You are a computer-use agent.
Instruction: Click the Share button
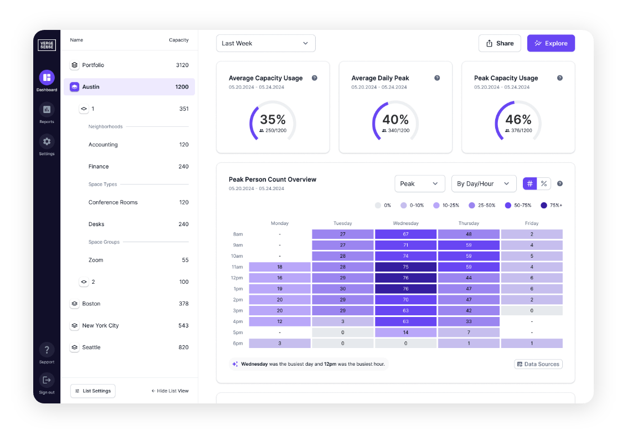coord(500,43)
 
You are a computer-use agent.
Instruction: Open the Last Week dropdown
coord(265,43)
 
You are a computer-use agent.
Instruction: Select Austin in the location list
coord(129,87)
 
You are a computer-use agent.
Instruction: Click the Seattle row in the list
coord(129,347)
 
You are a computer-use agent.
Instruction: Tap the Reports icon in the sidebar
coord(47,110)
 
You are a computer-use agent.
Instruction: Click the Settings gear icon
coord(47,142)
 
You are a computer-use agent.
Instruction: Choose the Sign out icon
coord(47,380)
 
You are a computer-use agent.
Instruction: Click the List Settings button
coord(93,391)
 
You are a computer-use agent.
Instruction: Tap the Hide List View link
coord(170,391)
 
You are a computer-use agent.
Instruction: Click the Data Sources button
coord(538,364)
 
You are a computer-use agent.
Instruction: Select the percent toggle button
coord(544,183)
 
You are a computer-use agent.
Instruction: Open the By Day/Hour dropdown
coord(484,183)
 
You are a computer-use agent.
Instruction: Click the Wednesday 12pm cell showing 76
coord(405,278)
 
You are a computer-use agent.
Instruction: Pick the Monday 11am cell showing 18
coord(279,267)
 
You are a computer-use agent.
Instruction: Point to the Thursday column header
coord(469,223)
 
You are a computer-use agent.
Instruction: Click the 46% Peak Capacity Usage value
coord(518,120)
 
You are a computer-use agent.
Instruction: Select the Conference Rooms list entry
coord(113,202)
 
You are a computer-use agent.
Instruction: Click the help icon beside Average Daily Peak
coord(437,78)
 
